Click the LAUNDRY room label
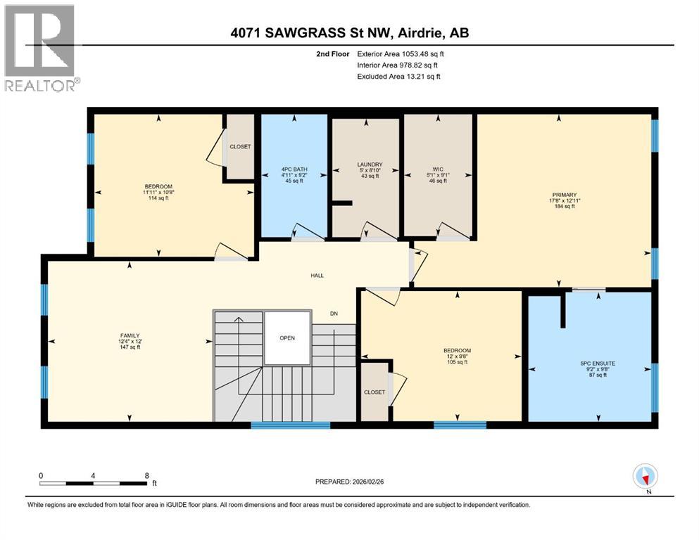point(365,165)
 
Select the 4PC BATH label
point(294,169)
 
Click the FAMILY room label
point(130,335)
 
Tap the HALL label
point(317,276)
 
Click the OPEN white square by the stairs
point(286,337)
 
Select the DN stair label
point(334,314)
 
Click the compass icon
point(645,477)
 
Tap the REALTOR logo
point(41,49)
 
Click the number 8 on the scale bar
point(146,475)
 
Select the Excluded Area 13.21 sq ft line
point(398,76)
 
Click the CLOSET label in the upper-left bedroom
point(240,147)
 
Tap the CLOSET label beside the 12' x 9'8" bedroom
point(374,392)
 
